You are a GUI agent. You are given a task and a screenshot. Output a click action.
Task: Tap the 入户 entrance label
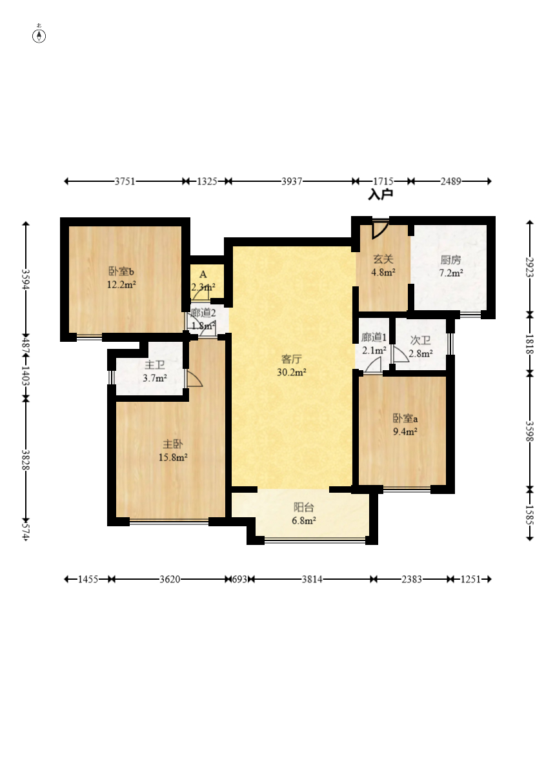point(380,195)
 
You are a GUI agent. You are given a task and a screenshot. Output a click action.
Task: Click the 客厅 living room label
point(291,359)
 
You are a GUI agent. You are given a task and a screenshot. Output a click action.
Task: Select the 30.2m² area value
point(291,372)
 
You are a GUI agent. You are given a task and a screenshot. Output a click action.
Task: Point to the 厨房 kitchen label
point(450,260)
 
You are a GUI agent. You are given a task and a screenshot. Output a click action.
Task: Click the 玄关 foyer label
point(383,260)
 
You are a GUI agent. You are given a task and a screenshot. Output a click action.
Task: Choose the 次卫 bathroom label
point(421,341)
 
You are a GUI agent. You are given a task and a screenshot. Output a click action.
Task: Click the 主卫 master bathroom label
point(155,365)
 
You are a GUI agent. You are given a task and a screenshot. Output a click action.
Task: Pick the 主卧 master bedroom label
point(173,444)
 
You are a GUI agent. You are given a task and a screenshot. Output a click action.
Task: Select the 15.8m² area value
point(173,457)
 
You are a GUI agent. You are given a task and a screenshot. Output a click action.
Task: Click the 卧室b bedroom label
point(121,272)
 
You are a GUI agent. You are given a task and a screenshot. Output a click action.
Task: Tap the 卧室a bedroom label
point(405,418)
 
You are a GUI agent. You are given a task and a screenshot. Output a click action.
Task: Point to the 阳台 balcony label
point(304,508)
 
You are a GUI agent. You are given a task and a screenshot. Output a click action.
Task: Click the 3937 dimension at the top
point(292,181)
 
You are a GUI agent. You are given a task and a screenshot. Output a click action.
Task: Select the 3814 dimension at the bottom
point(312,579)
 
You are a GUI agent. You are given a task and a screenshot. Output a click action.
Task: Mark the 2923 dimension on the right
point(529,267)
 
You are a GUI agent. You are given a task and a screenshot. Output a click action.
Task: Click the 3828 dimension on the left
point(26,460)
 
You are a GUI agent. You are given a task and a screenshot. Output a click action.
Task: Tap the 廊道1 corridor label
point(374,337)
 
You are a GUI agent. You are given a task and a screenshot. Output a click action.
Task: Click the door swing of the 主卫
point(194,379)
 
